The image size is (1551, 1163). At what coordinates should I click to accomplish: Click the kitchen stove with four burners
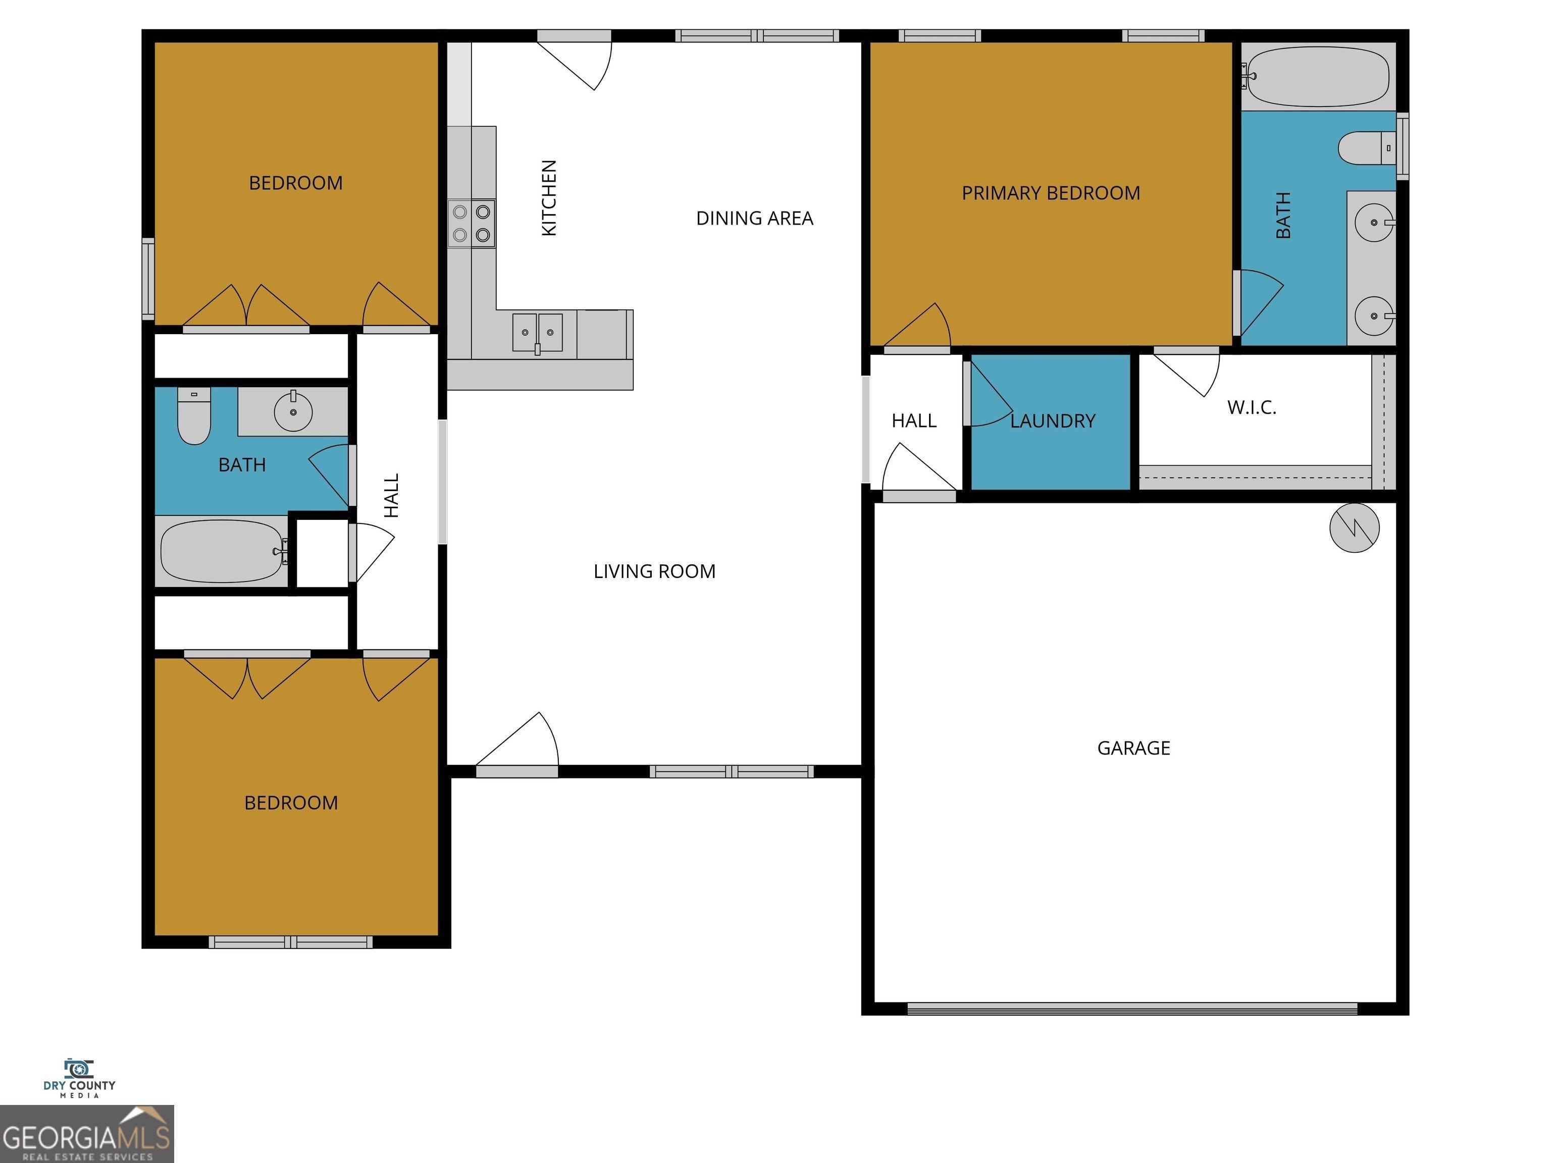(471, 224)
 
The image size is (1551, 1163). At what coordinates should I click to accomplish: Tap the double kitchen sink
(537, 332)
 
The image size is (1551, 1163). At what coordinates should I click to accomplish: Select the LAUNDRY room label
(1053, 420)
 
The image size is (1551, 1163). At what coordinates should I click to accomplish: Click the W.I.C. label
(1252, 407)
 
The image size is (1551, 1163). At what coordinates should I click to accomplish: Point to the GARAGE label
(1133, 748)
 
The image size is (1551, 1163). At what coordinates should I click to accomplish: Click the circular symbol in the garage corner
(1354, 528)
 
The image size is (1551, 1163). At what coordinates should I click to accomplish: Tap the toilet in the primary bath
(1366, 148)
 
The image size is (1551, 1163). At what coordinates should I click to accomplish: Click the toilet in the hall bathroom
(193, 416)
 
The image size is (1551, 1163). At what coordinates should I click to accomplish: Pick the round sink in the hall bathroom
(293, 411)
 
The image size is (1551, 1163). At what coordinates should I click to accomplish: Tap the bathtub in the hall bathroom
(222, 551)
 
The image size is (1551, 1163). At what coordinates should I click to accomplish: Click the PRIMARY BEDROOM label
(1050, 193)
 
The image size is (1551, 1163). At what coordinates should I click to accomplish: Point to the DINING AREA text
(754, 219)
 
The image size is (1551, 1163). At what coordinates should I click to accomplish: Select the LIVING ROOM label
(654, 571)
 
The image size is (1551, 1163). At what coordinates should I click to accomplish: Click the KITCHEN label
(549, 198)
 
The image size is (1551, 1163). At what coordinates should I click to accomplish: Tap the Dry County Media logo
(79, 1078)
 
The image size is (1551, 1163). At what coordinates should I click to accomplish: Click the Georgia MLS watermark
(86, 1134)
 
